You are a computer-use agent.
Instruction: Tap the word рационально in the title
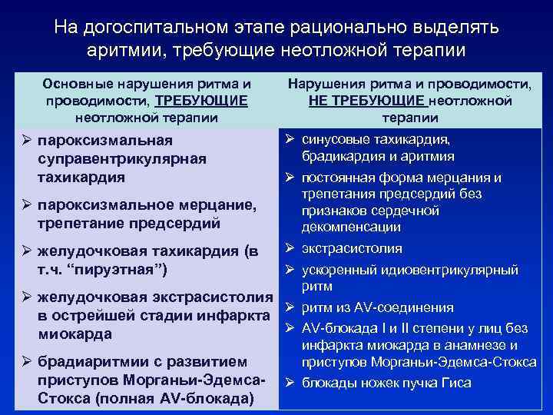(x=350, y=28)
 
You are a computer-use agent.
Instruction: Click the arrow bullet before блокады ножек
(x=291, y=383)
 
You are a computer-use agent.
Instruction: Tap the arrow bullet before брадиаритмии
(x=28, y=362)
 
